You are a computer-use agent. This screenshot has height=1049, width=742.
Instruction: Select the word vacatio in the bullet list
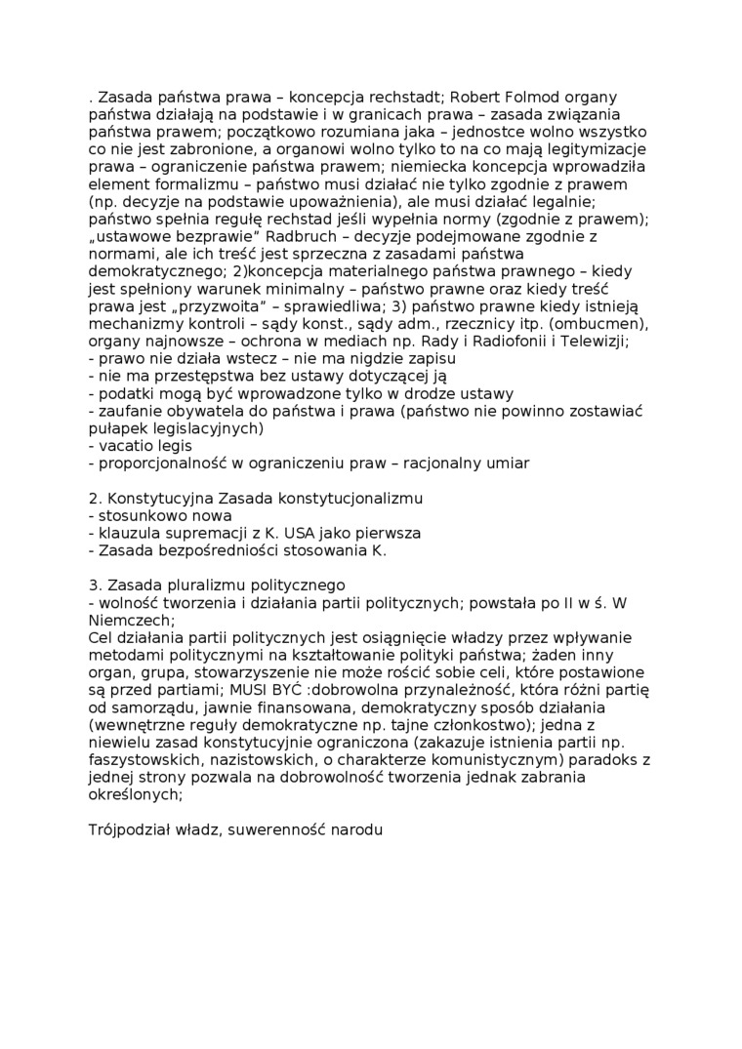tap(126, 446)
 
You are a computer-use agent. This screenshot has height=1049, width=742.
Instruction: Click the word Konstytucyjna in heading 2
tap(156, 499)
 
